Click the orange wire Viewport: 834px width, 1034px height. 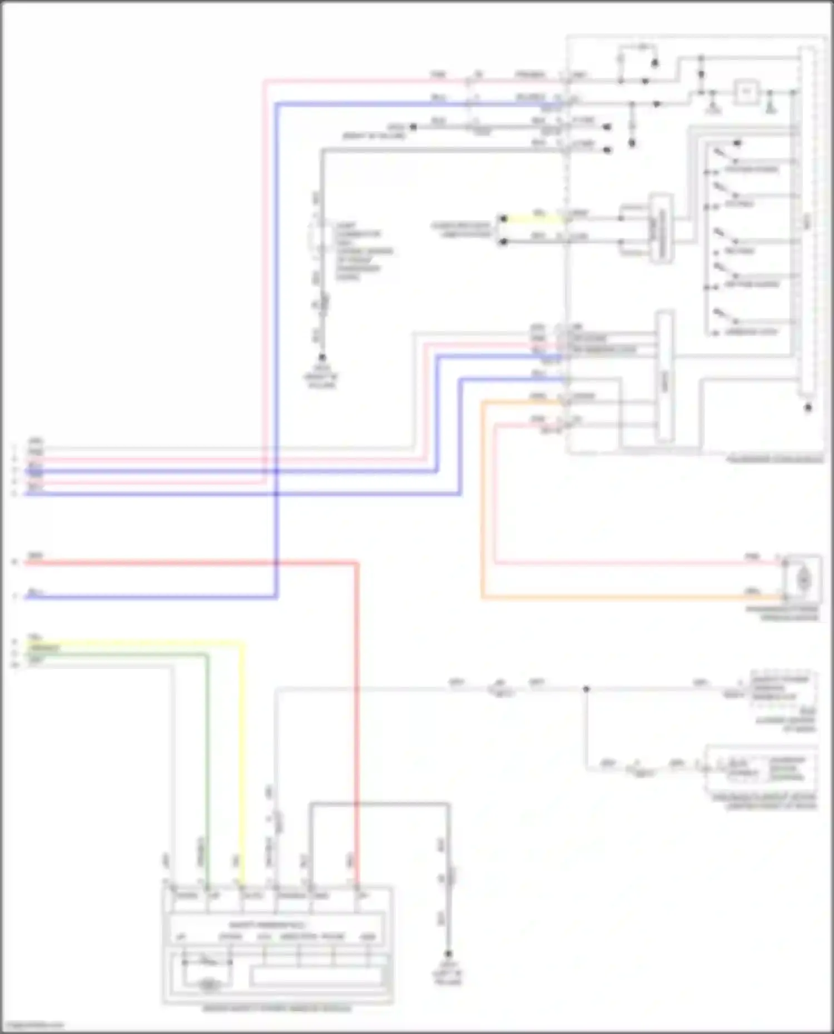[482, 500]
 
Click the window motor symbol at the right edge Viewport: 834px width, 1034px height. [803, 580]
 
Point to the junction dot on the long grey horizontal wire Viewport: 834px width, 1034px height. [586, 689]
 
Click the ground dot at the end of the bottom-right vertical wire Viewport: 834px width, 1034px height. [448, 954]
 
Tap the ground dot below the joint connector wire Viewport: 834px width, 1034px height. [321, 358]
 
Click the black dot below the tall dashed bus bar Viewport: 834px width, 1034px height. [808, 407]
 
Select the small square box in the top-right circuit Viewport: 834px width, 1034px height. [746, 92]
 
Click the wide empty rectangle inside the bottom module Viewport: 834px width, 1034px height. [316, 976]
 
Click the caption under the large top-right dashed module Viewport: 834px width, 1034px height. [775, 459]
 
